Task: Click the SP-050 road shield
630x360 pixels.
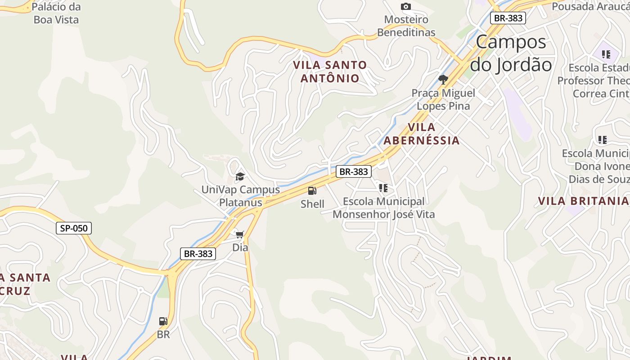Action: tap(74, 228)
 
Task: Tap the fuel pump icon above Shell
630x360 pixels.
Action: tap(312, 191)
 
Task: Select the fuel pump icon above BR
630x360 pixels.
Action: tap(163, 321)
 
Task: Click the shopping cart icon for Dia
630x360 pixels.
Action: tap(240, 234)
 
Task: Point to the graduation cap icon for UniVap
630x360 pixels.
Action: tap(240, 176)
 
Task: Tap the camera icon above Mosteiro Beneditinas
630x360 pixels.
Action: tap(406, 6)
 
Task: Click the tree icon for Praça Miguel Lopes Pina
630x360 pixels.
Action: tap(443, 80)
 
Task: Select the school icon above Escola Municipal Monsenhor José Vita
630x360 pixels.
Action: tap(383, 188)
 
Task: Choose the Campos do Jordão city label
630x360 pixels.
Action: tap(511, 53)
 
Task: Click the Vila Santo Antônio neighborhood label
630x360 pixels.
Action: tap(330, 72)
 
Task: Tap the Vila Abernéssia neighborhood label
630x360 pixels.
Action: tap(422, 134)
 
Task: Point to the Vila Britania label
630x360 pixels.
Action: tap(583, 201)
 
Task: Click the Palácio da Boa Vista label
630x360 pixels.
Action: tap(56, 13)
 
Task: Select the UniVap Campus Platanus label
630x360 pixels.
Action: tap(240, 196)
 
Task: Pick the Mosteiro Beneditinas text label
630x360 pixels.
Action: tap(406, 26)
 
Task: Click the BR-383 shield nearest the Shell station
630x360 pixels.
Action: tap(354, 171)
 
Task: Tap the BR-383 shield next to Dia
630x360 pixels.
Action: tap(198, 253)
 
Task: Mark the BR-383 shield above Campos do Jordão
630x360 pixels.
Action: tap(508, 18)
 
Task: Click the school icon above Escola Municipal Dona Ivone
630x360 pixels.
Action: tap(603, 139)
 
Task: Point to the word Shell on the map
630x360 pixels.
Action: tap(312, 204)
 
